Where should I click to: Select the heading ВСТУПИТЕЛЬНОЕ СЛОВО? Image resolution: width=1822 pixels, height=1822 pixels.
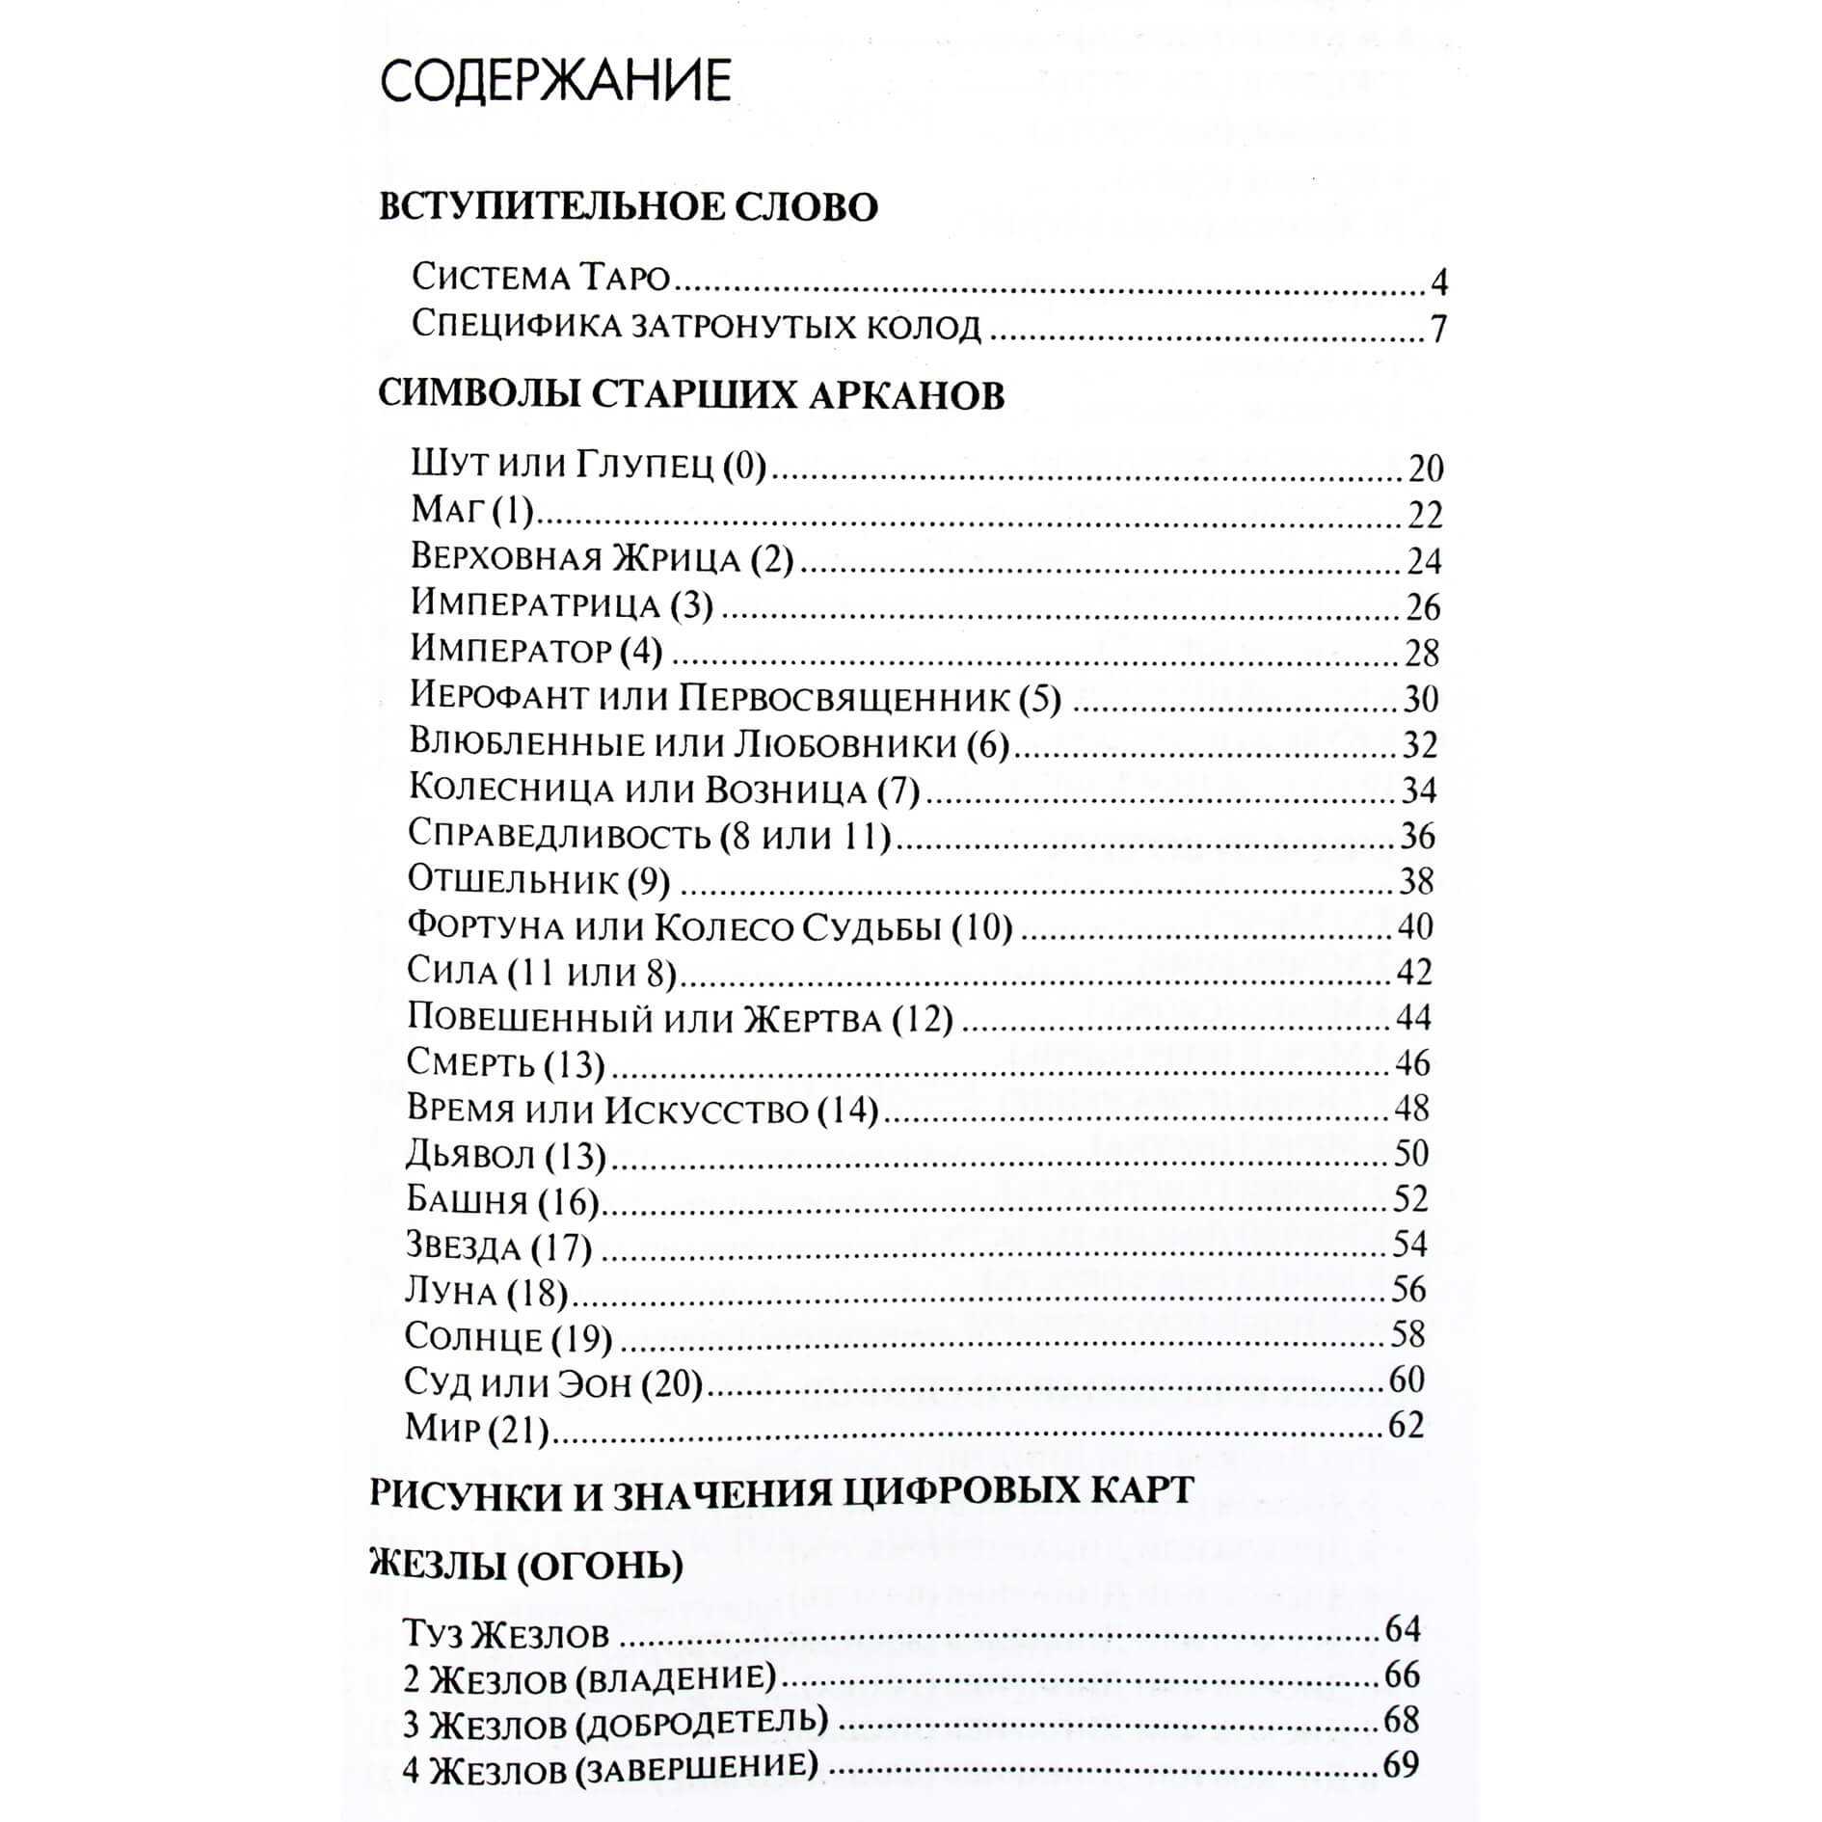pyautogui.click(x=628, y=207)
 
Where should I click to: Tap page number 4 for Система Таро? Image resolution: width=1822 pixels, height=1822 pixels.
pyautogui.click(x=1439, y=282)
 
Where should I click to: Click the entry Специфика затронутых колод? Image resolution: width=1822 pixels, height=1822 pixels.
pyautogui.click(x=696, y=326)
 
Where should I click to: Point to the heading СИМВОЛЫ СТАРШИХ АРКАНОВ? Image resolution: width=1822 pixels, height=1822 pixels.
pyautogui.click(x=691, y=395)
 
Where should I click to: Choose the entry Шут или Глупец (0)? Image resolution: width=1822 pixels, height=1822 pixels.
pyautogui.click(x=588, y=466)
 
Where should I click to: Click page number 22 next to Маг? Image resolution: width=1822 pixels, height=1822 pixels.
pyautogui.click(x=1424, y=515)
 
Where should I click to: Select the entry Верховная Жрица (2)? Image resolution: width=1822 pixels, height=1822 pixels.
pyautogui.click(x=602, y=559)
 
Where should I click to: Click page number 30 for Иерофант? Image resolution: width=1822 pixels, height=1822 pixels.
pyautogui.click(x=1420, y=698)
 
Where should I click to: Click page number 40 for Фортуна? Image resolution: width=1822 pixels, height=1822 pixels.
pyautogui.click(x=1415, y=926)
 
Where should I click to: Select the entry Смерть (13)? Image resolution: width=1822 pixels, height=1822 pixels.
pyautogui.click(x=505, y=1063)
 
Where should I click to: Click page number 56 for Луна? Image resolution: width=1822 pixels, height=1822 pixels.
pyautogui.click(x=1408, y=1289)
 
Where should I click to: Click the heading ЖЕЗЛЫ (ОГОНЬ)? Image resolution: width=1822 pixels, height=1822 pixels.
pyautogui.click(x=526, y=1567)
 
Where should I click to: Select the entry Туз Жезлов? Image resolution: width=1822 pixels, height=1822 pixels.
pyautogui.click(x=505, y=1634)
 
